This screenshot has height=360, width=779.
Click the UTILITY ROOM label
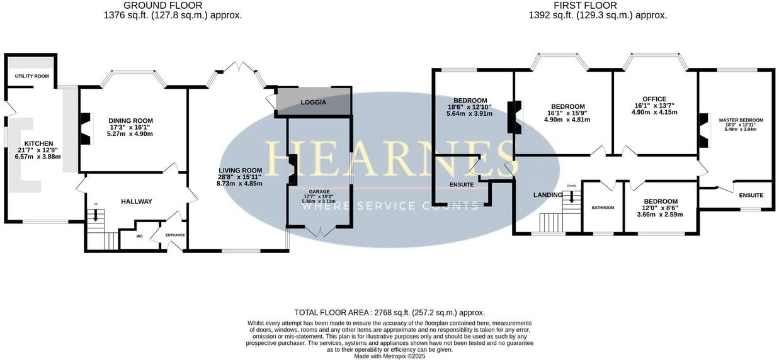click(x=32, y=76)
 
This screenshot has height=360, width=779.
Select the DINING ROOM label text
click(x=130, y=121)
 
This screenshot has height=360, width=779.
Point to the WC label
click(x=140, y=236)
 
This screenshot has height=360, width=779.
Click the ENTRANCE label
click(x=175, y=235)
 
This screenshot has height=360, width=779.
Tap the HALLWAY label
click(x=137, y=201)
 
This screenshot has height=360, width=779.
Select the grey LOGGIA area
click(x=313, y=102)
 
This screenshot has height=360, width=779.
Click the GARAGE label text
click(x=319, y=191)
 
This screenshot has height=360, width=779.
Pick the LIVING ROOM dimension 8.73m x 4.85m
click(x=239, y=184)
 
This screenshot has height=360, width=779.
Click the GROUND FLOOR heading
click(x=163, y=6)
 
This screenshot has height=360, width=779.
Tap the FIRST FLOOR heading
click(x=585, y=6)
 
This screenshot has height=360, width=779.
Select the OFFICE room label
click(x=654, y=99)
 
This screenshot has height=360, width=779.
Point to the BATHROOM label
click(x=603, y=207)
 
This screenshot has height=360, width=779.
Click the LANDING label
click(x=547, y=195)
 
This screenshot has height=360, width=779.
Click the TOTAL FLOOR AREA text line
click(x=389, y=312)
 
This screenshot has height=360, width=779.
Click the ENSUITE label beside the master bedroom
click(x=751, y=195)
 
